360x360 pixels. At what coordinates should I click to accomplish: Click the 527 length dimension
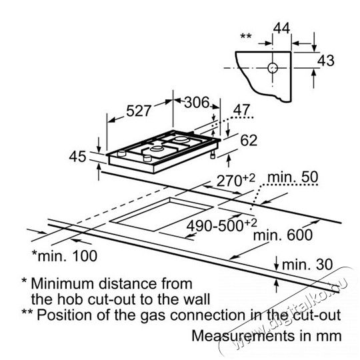tap(139, 111)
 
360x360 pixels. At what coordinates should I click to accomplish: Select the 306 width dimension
tap(197, 102)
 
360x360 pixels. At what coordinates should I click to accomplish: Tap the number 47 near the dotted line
tap(241, 110)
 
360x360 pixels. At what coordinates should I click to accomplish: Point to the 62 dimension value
tap(249, 140)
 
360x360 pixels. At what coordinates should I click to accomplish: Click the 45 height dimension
tap(78, 157)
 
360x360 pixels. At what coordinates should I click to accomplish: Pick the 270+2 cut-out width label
tap(236, 180)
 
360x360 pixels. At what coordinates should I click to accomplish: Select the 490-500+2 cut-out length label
tap(221, 225)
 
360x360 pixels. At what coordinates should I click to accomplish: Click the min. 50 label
tap(293, 177)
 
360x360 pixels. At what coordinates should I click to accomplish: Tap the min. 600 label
tap(283, 235)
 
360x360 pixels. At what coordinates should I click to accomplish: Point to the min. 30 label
tap(307, 265)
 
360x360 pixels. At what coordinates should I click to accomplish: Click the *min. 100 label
tap(65, 256)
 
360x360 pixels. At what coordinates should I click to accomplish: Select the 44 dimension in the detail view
tap(282, 29)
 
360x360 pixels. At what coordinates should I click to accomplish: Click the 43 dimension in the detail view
tap(326, 61)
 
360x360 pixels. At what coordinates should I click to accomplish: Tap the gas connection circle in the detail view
tap(273, 68)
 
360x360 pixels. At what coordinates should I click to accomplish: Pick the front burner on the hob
tap(157, 149)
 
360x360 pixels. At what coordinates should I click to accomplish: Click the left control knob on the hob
tap(122, 153)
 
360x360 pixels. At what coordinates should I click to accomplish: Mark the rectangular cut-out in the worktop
tap(161, 214)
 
